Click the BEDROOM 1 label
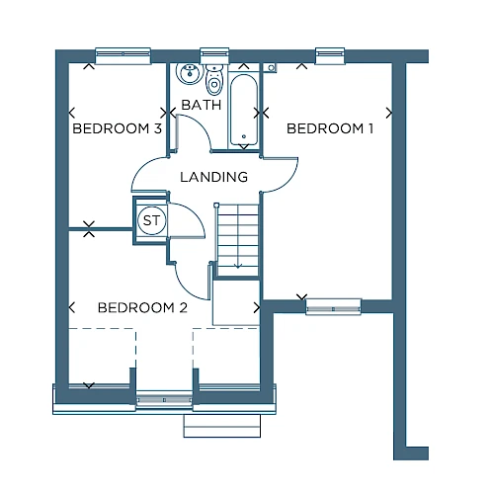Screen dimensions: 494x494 pyautogui.click(x=330, y=128)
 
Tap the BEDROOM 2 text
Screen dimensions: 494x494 pyautogui.click(x=142, y=308)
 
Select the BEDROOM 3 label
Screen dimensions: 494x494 pyautogui.click(x=118, y=128)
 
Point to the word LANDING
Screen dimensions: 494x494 pyautogui.click(x=214, y=177)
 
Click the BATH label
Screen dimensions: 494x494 pyautogui.click(x=202, y=105)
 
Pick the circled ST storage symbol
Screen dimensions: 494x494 pyautogui.click(x=151, y=220)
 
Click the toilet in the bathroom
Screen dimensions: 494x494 pyautogui.click(x=214, y=79)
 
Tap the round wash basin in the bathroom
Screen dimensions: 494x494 pyautogui.click(x=189, y=73)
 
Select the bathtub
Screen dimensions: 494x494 pyautogui.click(x=244, y=111)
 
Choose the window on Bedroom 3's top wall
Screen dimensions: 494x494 pyautogui.click(x=123, y=55)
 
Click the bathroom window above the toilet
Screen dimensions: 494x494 pyautogui.click(x=214, y=55)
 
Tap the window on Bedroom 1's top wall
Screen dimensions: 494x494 pyautogui.click(x=330, y=55)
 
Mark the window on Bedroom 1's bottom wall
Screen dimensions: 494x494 pyautogui.click(x=333, y=306)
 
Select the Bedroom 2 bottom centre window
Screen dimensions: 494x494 pyautogui.click(x=164, y=400)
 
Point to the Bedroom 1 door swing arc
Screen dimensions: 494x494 pyautogui.click(x=288, y=180)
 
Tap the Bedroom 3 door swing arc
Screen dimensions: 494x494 pyautogui.click(x=142, y=168)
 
